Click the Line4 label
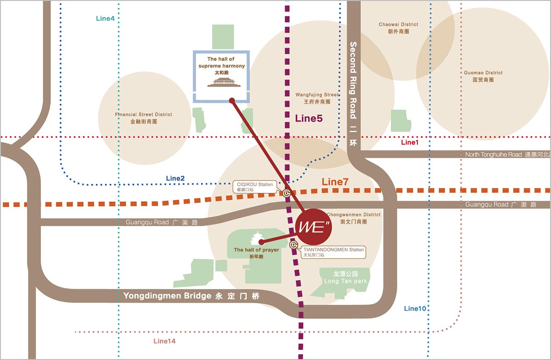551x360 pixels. pyautogui.click(x=105, y=18)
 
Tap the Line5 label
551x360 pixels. pyautogui.click(x=309, y=118)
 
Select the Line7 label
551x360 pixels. pyautogui.click(x=336, y=182)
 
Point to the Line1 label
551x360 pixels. pyautogui.click(x=410, y=143)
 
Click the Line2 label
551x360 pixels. pyautogui.click(x=175, y=178)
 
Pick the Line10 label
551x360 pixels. pyautogui.click(x=415, y=309)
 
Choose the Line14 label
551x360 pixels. pyautogui.click(x=164, y=341)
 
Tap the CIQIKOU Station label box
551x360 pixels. pyautogui.click(x=255, y=186)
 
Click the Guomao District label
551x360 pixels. pyautogui.click(x=483, y=76)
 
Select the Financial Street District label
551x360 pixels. pyautogui.click(x=144, y=118)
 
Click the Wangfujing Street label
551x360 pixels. pyautogui.click(x=317, y=98)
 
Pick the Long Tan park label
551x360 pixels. pyautogui.click(x=345, y=277)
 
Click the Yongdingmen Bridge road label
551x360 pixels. pyautogui.click(x=191, y=296)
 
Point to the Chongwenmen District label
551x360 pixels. pyautogui.click(x=354, y=218)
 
